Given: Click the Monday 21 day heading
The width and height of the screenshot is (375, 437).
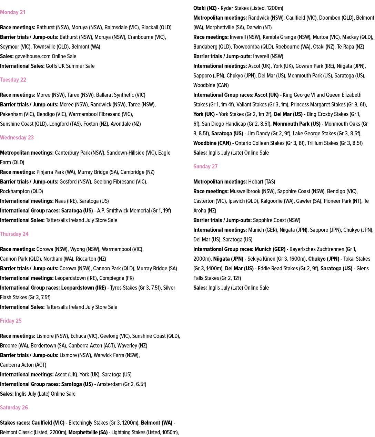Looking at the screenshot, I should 13,12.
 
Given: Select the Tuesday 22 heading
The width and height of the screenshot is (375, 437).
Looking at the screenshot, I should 13,80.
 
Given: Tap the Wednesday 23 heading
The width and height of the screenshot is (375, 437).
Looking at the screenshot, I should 17,138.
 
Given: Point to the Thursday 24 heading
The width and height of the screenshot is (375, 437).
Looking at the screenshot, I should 14,234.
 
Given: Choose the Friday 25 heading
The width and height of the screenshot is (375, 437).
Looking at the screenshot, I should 11,321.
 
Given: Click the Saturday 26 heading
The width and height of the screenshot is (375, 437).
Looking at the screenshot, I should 14,408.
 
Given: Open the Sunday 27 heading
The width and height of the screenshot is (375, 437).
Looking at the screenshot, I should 205,167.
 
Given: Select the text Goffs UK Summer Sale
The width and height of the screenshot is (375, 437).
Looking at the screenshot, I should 70,66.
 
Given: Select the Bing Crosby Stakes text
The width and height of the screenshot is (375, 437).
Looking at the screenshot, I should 327,114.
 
